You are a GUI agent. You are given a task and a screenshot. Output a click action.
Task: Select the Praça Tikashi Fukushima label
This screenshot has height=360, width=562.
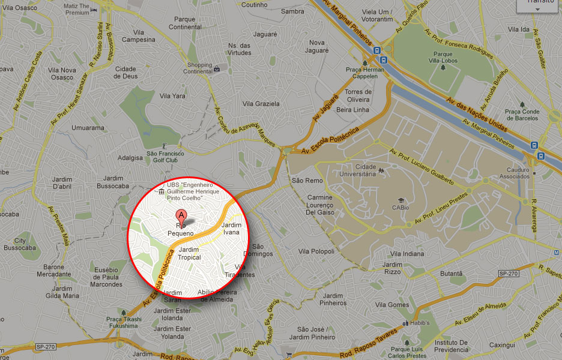[x=124, y=322]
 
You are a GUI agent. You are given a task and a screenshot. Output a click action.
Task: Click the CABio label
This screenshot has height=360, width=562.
[x=400, y=208]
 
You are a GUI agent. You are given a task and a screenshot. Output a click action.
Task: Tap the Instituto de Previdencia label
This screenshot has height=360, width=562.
[x=451, y=346]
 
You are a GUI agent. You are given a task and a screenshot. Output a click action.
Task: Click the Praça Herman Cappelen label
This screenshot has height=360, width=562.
[x=365, y=73]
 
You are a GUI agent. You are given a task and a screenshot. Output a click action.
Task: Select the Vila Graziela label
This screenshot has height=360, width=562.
[x=261, y=104]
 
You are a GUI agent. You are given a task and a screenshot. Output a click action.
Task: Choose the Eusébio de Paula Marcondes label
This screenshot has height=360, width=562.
[x=108, y=277]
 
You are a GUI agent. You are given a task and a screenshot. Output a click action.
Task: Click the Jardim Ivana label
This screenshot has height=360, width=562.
[x=231, y=228]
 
